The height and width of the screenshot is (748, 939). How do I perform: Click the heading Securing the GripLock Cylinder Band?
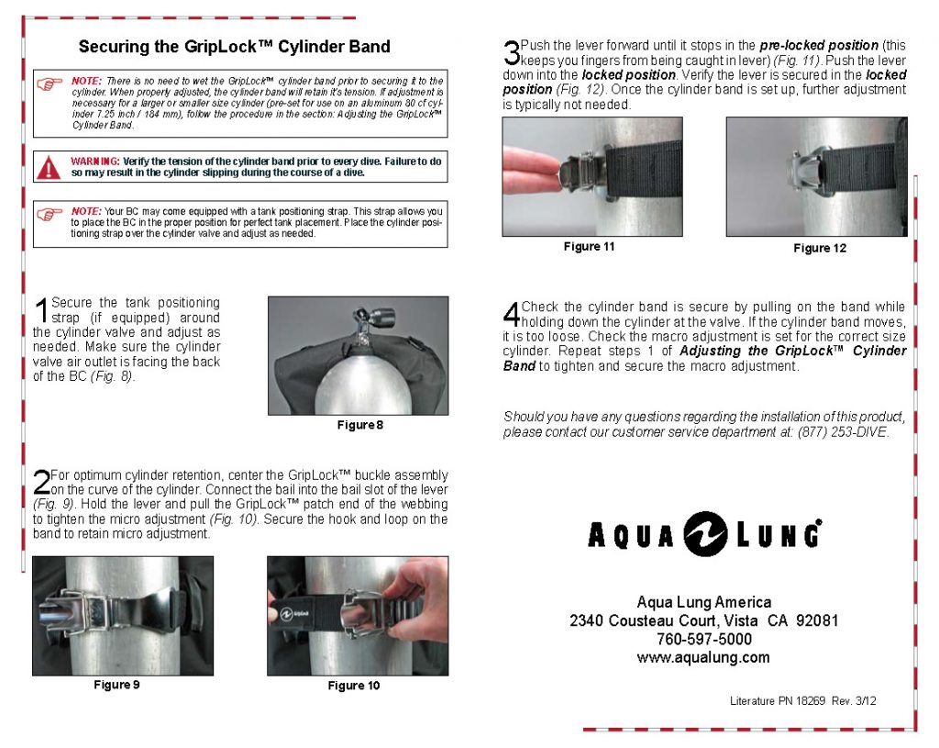point(234,47)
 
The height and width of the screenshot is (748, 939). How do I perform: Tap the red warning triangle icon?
point(50,166)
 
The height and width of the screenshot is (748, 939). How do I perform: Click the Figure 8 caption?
point(359,425)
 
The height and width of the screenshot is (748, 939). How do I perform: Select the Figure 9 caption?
point(116,685)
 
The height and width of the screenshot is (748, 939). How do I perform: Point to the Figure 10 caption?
point(353,686)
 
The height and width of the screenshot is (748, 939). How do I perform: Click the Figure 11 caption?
point(589,247)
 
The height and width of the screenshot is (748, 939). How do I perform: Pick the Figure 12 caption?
point(820,249)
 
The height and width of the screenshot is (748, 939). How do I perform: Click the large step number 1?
point(41,310)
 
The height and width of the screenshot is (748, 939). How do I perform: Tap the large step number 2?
point(40,483)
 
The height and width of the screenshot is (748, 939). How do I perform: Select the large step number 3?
point(511,51)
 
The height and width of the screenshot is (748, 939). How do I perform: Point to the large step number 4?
point(512,314)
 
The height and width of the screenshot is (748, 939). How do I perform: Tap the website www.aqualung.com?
point(703,657)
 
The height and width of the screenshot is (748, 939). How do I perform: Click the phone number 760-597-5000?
point(703,639)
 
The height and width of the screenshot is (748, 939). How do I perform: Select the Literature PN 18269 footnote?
point(803,701)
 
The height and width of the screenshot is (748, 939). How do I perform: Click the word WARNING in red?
point(95,161)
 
